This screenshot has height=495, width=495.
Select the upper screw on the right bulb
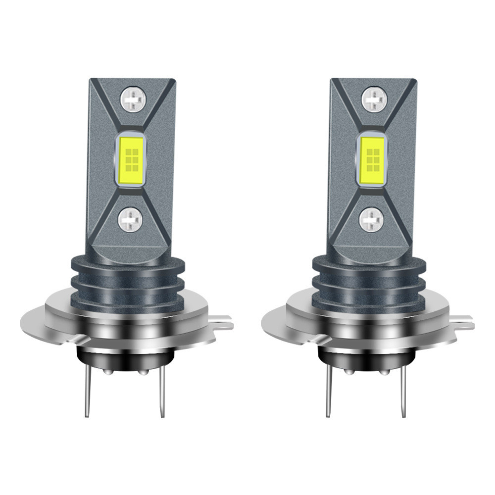374,99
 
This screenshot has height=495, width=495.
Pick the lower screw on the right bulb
372,219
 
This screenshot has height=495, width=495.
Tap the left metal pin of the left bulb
88,391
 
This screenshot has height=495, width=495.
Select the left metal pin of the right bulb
328,391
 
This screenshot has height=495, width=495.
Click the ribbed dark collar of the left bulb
127,282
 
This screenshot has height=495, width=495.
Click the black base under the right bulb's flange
367,359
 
